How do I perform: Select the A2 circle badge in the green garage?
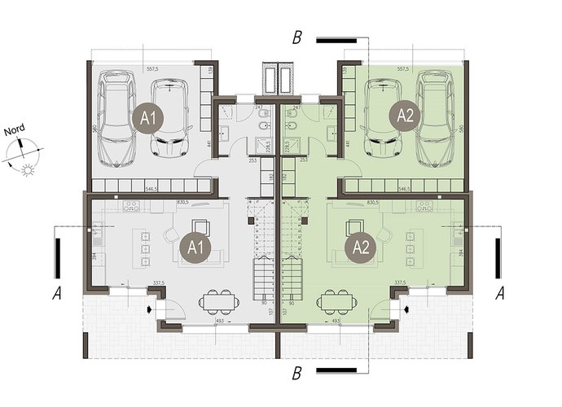click(x=405, y=115)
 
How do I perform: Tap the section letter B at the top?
click(x=299, y=37)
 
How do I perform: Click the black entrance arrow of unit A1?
click(x=149, y=309)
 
